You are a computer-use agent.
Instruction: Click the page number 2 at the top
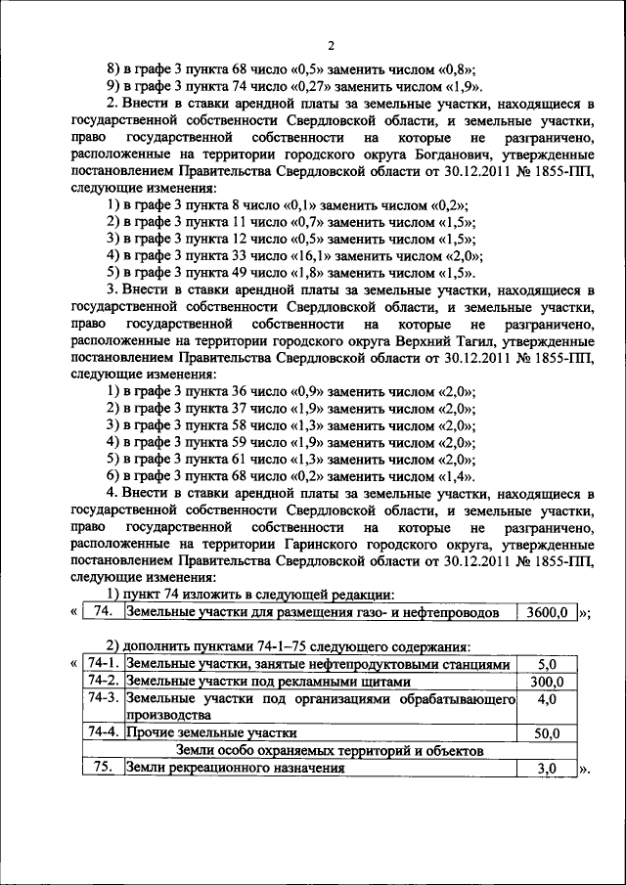click(331, 45)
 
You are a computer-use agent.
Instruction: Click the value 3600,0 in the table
click(546, 613)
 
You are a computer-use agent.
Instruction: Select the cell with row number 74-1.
click(103, 665)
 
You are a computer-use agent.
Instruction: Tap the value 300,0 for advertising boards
click(547, 682)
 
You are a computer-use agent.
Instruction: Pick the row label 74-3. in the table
click(103, 698)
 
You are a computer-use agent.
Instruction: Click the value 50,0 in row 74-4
click(547, 732)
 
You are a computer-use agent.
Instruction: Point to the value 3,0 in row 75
click(547, 769)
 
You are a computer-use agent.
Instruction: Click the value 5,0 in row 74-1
click(547, 665)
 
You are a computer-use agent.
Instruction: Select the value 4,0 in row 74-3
click(547, 699)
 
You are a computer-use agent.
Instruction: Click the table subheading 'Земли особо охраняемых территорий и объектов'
click(331, 750)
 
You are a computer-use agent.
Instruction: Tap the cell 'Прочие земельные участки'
click(212, 732)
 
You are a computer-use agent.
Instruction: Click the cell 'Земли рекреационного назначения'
click(235, 769)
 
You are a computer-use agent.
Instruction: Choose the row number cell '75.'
click(103, 769)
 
